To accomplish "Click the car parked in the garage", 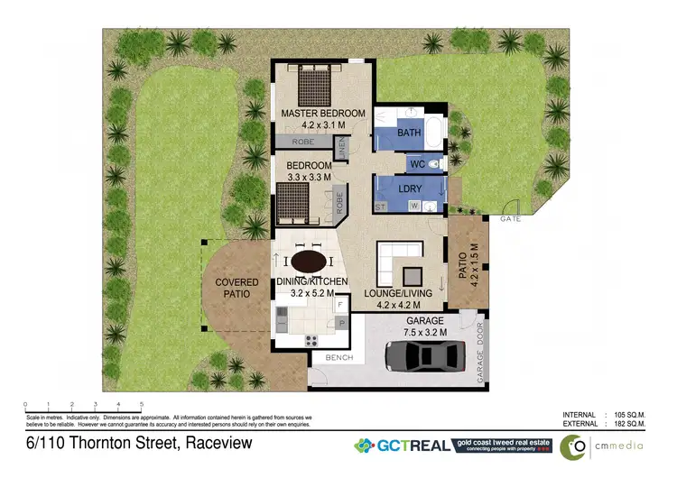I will [x=423, y=355].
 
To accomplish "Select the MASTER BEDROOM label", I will [x=322, y=113].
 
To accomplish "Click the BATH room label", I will [x=409, y=133].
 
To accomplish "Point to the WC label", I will [x=417, y=164].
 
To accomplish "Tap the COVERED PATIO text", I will [x=236, y=288].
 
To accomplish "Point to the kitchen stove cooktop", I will [x=312, y=340].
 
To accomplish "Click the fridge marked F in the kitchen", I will [x=341, y=305].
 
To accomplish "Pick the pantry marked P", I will [x=341, y=322].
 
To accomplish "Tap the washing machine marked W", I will [x=414, y=207].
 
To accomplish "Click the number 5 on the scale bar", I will [x=142, y=403].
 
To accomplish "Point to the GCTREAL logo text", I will [x=415, y=445].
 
